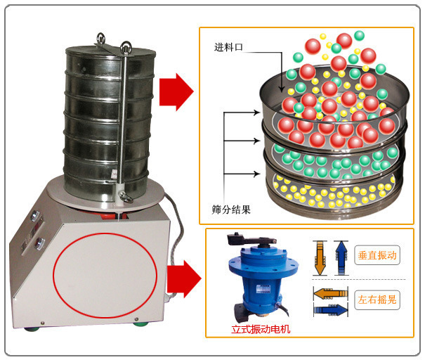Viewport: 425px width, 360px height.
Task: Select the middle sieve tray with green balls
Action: (334, 160)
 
